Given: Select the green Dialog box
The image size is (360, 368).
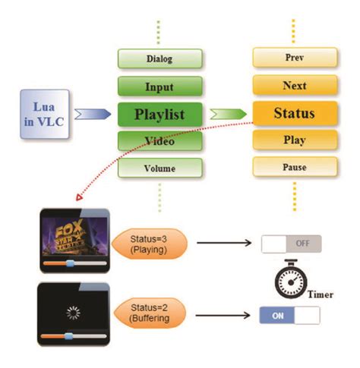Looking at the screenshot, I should coord(159,58).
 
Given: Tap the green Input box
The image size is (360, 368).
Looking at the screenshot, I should coord(159,86).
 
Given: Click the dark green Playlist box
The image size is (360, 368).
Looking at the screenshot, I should coord(159,114).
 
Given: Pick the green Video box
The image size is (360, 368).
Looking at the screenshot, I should coord(159,141).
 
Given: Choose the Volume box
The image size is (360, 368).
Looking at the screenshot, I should coord(159,168).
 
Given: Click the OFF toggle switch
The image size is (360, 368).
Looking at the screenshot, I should coord(291,244).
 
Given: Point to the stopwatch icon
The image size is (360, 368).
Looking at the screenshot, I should coord(290,280).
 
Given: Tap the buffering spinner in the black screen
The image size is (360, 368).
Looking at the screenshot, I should coord(74,311).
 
